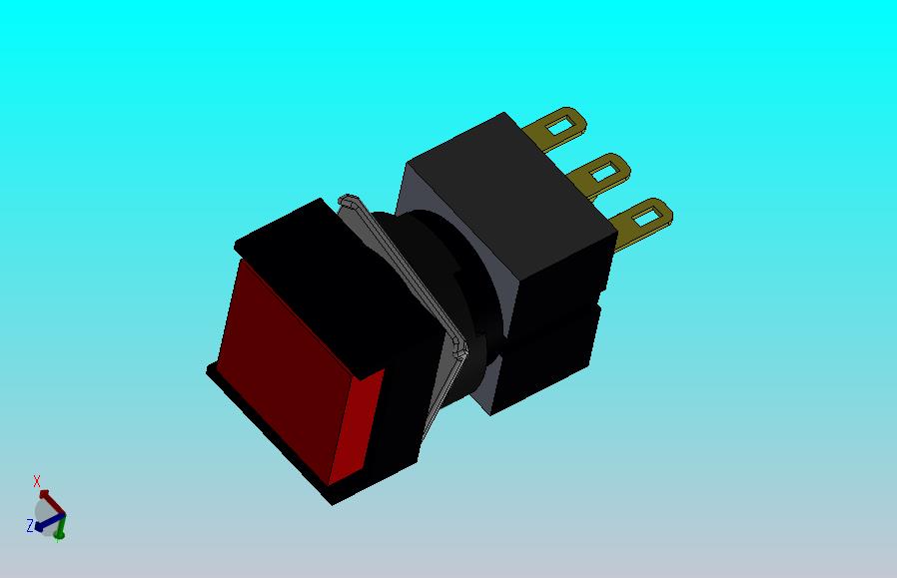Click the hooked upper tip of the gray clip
[348, 201]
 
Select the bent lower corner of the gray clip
[459, 347]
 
